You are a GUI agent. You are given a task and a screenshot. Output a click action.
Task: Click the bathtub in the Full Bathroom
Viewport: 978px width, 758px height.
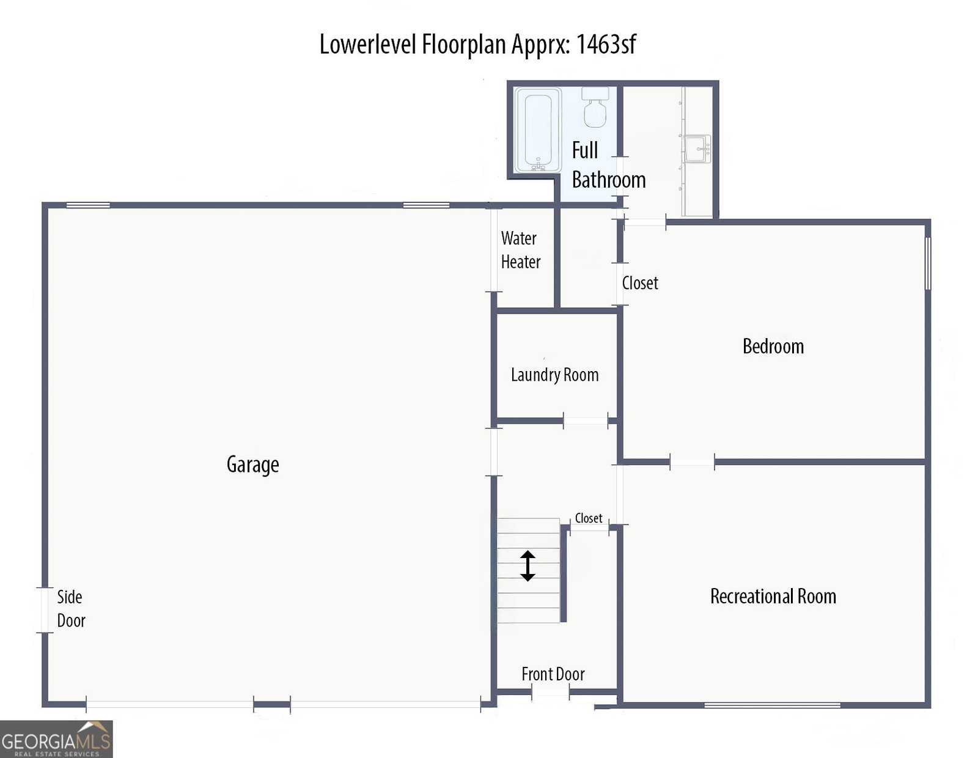(538, 130)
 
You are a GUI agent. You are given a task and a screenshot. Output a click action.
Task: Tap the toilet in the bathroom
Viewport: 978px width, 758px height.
(595, 107)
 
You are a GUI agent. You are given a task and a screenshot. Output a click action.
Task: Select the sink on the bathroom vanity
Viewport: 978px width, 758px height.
(697, 149)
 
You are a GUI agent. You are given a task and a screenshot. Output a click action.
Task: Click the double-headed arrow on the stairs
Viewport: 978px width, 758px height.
(528, 566)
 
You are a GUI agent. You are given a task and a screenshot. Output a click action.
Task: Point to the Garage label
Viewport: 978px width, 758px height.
(252, 465)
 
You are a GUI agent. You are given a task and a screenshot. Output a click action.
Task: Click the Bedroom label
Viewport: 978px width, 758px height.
(773, 346)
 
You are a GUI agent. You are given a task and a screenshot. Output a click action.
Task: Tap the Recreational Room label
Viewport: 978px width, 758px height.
(773, 596)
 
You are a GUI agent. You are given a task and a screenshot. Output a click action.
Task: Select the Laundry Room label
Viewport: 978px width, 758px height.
(554, 375)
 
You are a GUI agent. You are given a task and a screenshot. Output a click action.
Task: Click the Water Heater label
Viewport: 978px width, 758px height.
(521, 250)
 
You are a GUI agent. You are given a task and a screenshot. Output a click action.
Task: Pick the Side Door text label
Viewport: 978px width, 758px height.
(71, 609)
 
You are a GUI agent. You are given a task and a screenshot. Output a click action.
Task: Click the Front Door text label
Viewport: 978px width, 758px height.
(553, 674)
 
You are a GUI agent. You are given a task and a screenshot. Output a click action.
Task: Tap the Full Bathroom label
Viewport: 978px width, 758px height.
(608, 165)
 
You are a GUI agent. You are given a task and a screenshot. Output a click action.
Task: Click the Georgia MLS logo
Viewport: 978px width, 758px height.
(56, 739)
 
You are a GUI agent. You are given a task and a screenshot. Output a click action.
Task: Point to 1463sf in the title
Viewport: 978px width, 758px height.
(606, 44)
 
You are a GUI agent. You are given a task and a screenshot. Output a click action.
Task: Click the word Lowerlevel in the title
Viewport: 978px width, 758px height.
(368, 44)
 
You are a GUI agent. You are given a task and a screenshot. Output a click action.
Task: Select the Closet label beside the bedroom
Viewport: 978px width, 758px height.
(640, 283)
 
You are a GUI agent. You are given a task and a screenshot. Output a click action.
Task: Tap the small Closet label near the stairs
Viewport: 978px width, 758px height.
(588, 518)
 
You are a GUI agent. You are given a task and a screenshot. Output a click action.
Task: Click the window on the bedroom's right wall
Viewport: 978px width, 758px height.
(928, 263)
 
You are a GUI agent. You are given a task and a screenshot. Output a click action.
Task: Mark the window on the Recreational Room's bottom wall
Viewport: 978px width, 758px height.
(772, 705)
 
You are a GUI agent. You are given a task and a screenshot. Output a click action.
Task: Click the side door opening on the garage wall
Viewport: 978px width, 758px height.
(45, 610)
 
